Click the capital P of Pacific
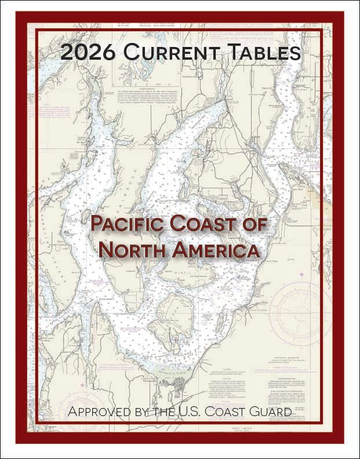pyautogui.click(x=96, y=224)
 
